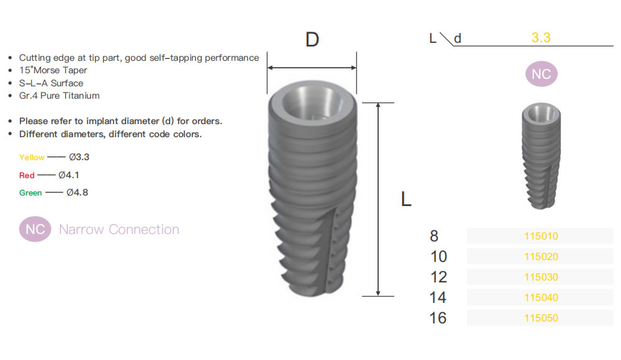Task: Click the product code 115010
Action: [x=541, y=236]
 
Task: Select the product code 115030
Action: [x=541, y=277]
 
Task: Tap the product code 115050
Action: [x=541, y=318]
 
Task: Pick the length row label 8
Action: [x=434, y=236]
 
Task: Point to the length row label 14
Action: [x=438, y=297]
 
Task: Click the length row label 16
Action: [x=438, y=318]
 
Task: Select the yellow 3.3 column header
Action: [x=541, y=38]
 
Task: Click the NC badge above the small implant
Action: [x=542, y=74]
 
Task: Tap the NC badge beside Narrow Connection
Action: [x=35, y=229]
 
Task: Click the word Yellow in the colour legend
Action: [x=32, y=157]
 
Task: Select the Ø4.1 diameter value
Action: [x=69, y=174]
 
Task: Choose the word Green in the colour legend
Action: [x=30, y=193]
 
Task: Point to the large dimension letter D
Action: [x=312, y=40]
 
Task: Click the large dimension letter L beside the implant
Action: [x=406, y=199]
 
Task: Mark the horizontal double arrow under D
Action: [x=312, y=68]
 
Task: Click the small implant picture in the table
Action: [x=542, y=156]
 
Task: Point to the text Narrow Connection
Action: [x=119, y=229]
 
